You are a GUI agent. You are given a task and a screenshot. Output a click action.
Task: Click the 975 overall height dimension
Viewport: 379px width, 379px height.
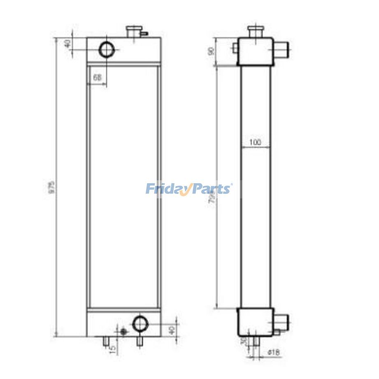(52, 187)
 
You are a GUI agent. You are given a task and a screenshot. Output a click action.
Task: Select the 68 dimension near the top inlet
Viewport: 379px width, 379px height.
(97, 77)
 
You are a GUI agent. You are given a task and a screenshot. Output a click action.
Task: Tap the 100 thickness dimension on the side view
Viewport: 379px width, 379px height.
(255, 142)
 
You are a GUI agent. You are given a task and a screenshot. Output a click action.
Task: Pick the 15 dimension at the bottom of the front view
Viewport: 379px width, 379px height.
(112, 348)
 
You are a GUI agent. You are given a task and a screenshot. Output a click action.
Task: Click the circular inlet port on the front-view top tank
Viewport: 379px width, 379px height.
(107, 50)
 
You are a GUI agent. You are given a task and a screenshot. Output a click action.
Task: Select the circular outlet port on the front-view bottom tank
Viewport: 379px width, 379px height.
(140, 323)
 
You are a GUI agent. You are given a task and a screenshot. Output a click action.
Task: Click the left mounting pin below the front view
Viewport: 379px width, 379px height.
(105, 341)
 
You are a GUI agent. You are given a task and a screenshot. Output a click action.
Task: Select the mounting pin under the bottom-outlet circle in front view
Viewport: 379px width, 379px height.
(140, 341)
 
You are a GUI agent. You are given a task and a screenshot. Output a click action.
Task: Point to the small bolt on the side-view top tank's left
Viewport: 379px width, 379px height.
(235, 48)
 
